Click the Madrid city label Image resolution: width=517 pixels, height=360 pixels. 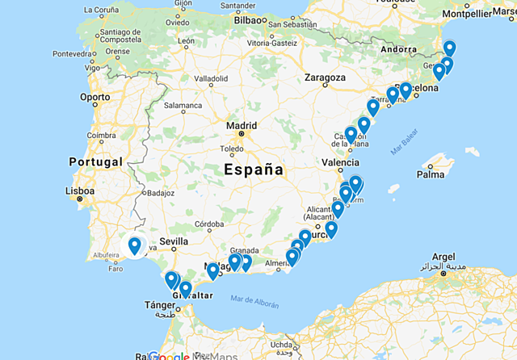tap(242, 126)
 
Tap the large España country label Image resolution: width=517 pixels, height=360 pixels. tap(254, 170)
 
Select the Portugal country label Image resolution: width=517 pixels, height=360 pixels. tap(95, 161)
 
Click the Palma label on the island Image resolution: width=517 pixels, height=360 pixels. tap(431, 174)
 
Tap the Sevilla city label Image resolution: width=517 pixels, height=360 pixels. tap(174, 241)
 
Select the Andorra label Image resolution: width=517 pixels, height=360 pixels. tap(397, 49)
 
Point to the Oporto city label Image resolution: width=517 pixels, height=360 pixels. tap(95, 97)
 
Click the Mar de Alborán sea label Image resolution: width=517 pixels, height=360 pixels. tap(254, 303)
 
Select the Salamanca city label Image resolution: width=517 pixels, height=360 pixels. tap(183, 105)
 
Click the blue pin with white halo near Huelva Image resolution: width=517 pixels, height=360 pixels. tap(134, 245)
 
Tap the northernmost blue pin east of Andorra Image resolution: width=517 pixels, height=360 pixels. tap(449, 48)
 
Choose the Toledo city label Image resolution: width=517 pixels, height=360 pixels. tap(232, 149)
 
